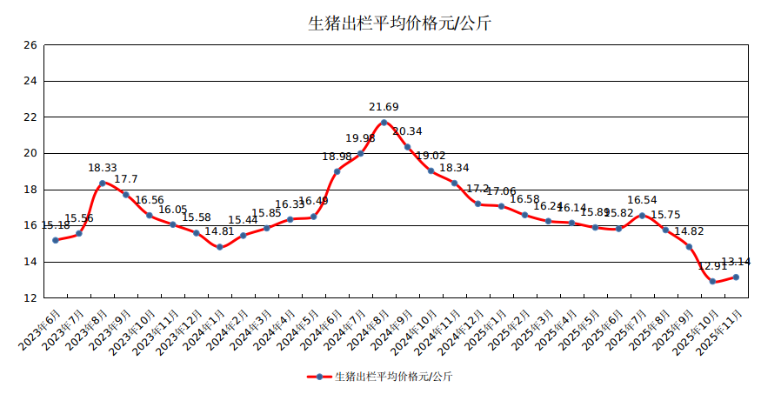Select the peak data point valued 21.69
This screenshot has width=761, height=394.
384,122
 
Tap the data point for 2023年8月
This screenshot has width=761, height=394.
103,183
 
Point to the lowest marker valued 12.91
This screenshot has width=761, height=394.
712,281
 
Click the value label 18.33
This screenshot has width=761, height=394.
103,168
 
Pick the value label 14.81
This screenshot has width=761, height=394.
220,232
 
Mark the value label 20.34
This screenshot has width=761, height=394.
407,132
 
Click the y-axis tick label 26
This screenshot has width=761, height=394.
30,45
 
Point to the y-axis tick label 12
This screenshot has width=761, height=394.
30,297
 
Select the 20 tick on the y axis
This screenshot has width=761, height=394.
30,153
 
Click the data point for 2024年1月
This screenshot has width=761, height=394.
220,247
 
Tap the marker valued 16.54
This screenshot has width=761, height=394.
642,216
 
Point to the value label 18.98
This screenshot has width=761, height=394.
337,157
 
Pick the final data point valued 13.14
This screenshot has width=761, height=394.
736,277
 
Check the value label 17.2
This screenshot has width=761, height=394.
477,189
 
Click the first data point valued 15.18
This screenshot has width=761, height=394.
56,240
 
